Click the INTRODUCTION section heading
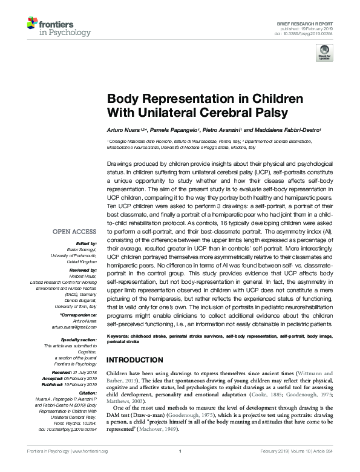coord(134,359)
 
